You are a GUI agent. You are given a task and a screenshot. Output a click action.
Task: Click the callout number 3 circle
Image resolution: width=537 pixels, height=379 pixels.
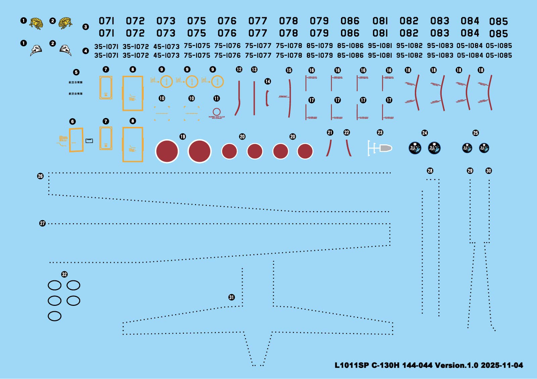tap(86, 27)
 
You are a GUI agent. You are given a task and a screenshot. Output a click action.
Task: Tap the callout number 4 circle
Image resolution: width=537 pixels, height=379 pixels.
tap(86, 51)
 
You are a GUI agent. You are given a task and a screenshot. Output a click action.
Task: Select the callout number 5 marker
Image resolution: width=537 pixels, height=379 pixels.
tap(76, 72)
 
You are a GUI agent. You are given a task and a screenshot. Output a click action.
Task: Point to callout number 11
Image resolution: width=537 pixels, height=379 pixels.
tap(216, 98)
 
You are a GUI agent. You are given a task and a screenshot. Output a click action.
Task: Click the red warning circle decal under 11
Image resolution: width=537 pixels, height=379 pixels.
tap(216, 112)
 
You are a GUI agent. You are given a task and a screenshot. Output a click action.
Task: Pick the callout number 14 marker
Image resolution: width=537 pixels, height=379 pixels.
tap(267, 81)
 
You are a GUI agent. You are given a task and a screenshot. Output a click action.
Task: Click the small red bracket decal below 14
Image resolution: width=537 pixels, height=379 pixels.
tap(267, 98)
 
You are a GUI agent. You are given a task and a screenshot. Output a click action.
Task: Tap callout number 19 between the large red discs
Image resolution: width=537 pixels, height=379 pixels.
tap(183, 137)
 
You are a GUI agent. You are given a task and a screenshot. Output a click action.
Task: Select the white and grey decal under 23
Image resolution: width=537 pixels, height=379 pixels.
tap(380, 148)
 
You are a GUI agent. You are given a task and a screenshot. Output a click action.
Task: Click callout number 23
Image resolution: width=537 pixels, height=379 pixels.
tap(380, 133)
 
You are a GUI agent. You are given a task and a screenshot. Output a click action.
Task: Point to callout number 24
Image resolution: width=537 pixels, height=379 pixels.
tap(425, 133)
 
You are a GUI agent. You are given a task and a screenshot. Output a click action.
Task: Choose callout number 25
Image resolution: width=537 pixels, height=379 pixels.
tap(476, 133)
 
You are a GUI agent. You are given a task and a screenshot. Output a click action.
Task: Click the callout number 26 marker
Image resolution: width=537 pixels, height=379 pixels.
tap(40, 176)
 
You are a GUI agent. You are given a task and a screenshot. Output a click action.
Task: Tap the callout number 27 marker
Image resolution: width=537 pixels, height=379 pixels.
tap(42, 223)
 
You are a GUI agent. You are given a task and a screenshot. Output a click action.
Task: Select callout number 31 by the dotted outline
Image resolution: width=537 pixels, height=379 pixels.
tap(232, 297)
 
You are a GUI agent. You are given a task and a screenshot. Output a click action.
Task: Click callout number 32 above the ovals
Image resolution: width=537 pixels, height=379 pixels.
tap(64, 274)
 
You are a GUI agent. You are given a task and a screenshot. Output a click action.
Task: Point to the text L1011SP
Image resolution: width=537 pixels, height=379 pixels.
tap(351, 365)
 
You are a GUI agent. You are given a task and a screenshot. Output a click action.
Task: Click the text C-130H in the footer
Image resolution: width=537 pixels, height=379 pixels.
tap(385, 365)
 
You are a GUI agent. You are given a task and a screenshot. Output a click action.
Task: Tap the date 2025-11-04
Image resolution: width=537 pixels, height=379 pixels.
tap(502, 365)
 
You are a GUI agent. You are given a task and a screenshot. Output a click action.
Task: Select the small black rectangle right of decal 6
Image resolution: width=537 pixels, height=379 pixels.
tap(89, 141)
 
